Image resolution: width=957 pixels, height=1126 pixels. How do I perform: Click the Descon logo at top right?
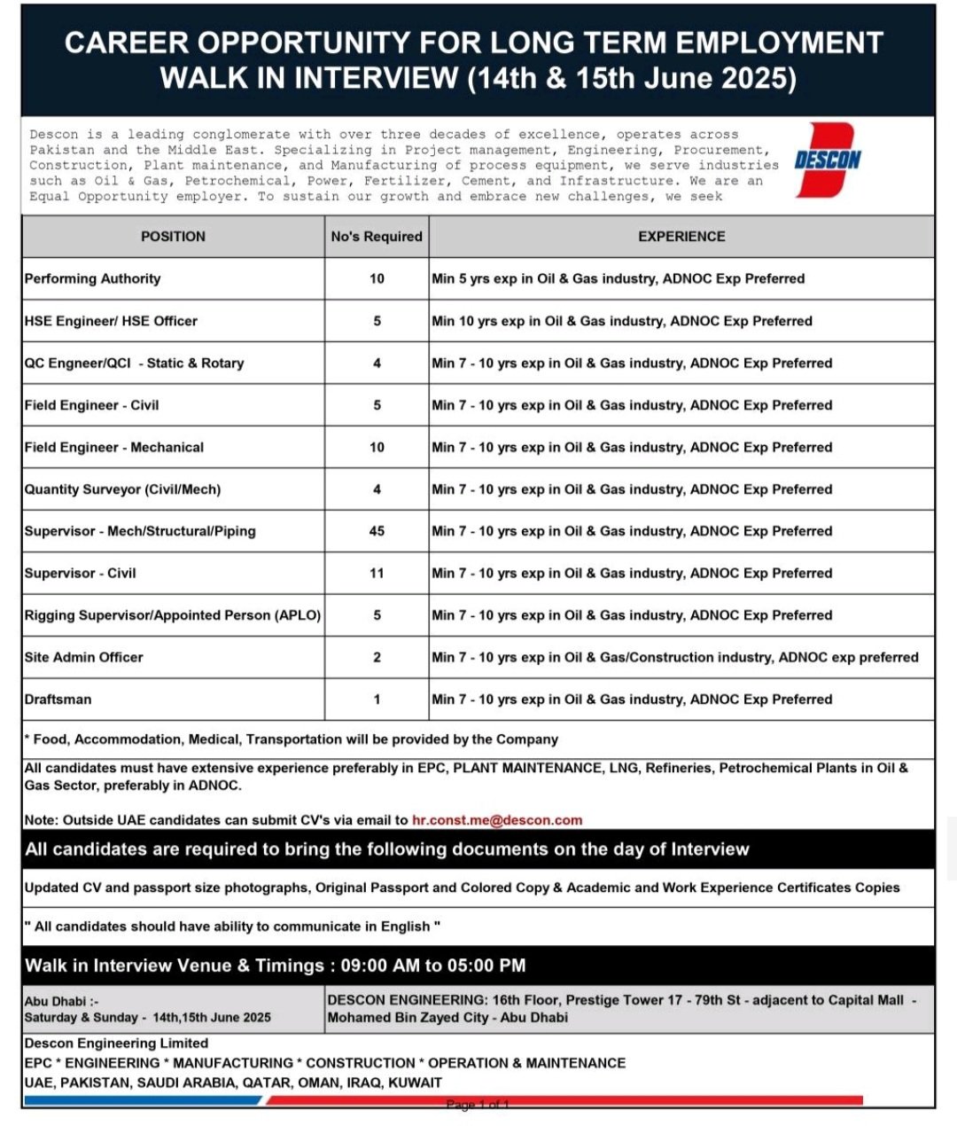pos(828,160)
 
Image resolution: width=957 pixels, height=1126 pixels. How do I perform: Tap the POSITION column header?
pos(173,237)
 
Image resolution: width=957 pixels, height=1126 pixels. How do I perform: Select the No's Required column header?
pos(377,237)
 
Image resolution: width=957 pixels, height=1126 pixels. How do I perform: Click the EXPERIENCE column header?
pos(681,237)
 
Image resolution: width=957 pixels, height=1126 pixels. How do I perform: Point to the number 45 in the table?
pos(377,531)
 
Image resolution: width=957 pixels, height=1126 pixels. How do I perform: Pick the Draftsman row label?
pos(58,700)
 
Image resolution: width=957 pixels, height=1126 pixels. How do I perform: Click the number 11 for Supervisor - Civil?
pos(377,574)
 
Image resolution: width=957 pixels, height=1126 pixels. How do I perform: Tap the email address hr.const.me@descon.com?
pos(497,820)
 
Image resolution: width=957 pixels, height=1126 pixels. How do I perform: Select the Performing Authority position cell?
pos(93,278)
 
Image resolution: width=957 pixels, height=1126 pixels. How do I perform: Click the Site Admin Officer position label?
pos(84,657)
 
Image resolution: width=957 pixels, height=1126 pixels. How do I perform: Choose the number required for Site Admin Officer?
pos(377,657)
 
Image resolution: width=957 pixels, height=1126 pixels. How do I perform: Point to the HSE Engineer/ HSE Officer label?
pos(111,321)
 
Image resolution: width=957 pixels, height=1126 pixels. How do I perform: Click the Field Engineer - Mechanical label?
pos(114,447)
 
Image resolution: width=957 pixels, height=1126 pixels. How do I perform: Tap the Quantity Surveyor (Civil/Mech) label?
pos(123,489)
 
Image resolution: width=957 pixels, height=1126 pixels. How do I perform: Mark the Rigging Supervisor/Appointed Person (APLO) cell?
pos(173,615)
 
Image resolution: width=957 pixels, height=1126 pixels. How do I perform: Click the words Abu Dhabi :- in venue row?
pos(62,1001)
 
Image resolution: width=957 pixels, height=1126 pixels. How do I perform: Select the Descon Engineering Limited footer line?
pos(116,1044)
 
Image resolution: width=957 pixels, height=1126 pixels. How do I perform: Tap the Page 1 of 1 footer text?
pos(478,1105)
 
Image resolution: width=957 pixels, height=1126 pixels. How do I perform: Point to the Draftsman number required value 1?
pos(377,700)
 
